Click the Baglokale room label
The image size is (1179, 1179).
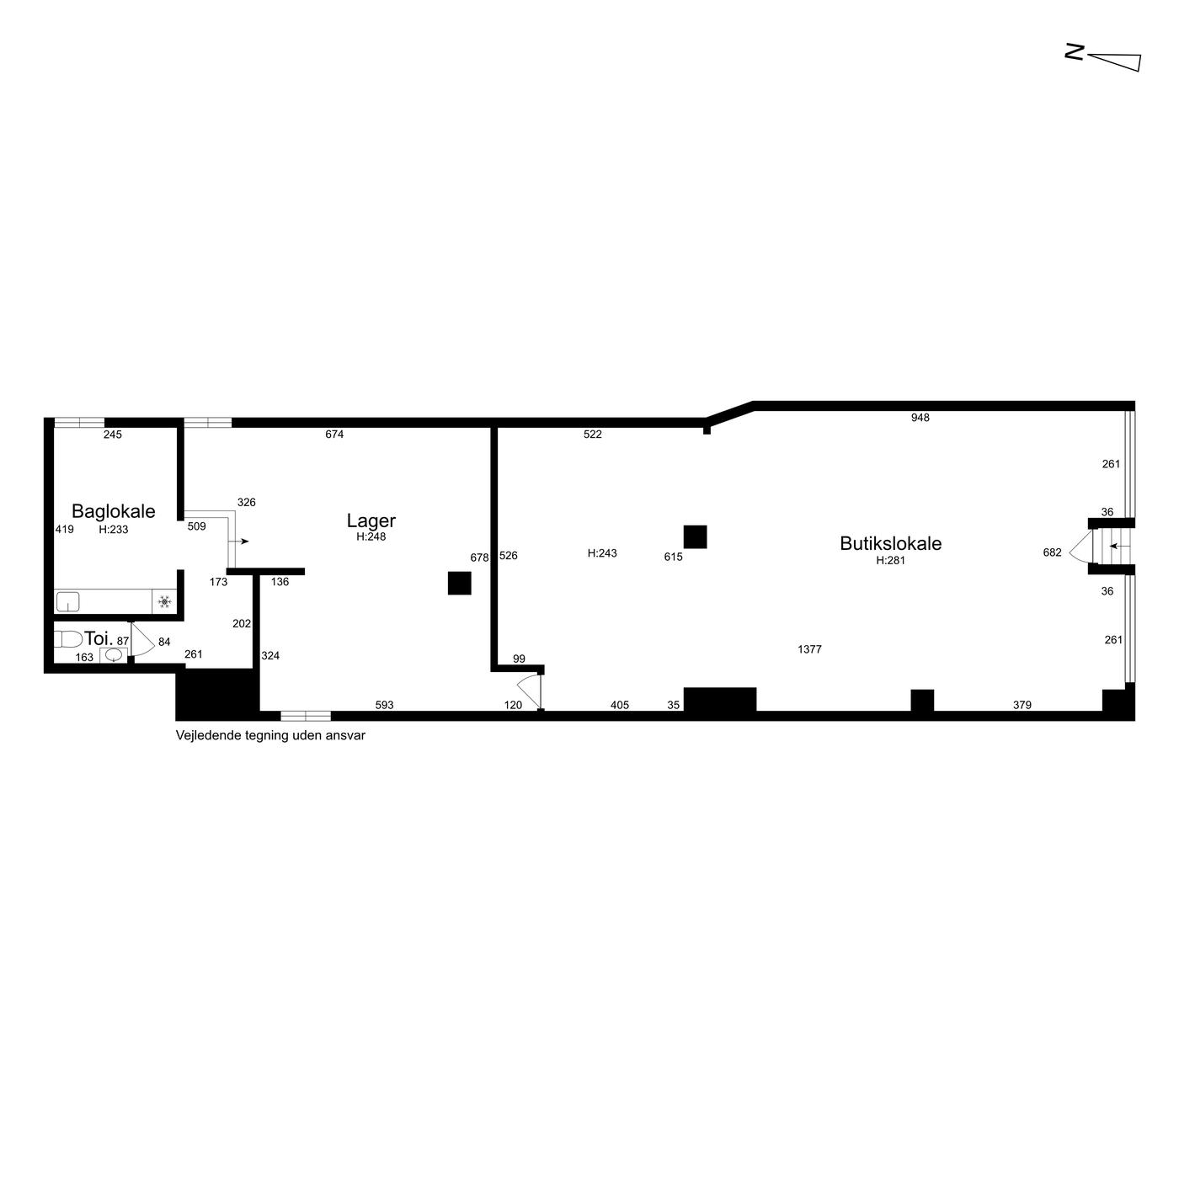(113, 511)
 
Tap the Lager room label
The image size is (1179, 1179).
(371, 521)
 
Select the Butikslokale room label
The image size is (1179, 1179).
(890, 543)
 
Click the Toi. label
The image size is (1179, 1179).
(99, 638)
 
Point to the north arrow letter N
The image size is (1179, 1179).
(1074, 51)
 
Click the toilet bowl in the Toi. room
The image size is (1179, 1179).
(68, 639)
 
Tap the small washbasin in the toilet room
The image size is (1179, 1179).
(113, 655)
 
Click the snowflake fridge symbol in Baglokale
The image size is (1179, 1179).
(164, 602)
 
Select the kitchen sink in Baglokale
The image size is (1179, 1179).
(68, 602)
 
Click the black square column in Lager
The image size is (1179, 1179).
(460, 583)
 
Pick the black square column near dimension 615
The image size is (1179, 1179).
(695, 536)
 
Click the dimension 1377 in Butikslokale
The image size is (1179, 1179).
(809, 649)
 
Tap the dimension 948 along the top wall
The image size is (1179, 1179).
(920, 418)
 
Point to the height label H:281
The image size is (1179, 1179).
(890, 560)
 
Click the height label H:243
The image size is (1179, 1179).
(602, 553)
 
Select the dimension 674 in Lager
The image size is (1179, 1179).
(334, 435)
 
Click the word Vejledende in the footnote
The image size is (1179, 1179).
(205, 735)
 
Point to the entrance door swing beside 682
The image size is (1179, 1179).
(1080, 547)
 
